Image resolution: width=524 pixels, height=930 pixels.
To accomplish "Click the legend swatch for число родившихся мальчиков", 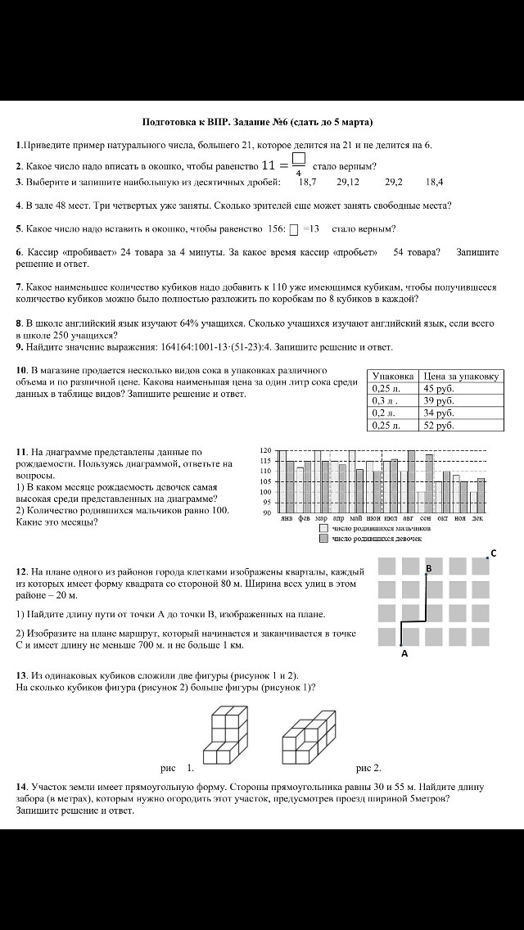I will [x=323, y=529].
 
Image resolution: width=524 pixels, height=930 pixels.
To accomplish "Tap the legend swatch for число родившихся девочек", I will [x=323, y=539].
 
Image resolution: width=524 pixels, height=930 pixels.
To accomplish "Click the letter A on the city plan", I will [x=404, y=653].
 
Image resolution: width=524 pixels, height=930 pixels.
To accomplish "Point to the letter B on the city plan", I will [x=428, y=567].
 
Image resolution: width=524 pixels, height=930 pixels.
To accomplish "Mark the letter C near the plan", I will [x=493, y=553].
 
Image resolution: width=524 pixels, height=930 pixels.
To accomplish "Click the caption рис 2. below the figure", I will [x=368, y=768].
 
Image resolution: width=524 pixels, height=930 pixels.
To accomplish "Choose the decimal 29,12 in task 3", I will [x=348, y=183].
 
